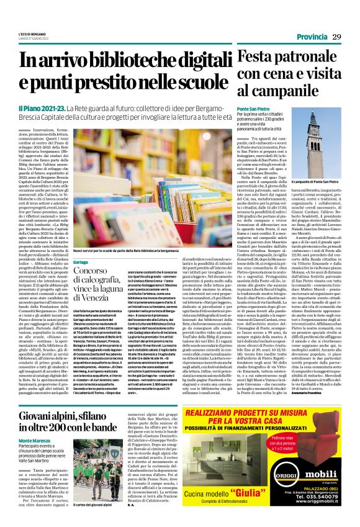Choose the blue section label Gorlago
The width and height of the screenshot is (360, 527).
click(82, 263)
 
